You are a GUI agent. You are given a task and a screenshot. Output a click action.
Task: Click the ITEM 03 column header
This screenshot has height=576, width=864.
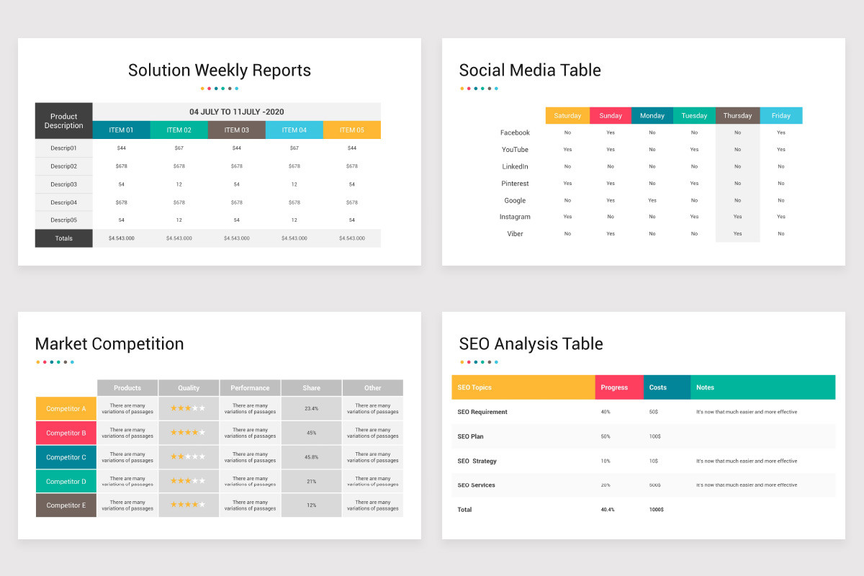236,130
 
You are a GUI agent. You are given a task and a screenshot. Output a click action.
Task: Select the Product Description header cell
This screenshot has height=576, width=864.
64,121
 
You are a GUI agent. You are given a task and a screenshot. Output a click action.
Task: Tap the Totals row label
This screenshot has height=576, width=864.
64,238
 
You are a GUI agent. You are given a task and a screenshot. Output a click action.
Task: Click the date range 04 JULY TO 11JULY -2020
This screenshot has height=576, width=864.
236,112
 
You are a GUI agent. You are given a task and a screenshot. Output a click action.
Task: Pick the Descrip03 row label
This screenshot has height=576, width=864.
64,184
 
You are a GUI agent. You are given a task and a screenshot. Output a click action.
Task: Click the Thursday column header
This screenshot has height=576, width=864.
737,116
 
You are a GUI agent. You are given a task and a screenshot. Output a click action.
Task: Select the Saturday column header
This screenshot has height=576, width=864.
567,116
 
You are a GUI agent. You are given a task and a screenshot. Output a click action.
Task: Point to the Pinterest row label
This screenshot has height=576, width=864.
515,184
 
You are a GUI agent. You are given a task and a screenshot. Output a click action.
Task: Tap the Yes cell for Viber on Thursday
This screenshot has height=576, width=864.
737,234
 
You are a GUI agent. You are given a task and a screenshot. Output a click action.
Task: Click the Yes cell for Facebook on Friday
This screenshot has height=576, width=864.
781,132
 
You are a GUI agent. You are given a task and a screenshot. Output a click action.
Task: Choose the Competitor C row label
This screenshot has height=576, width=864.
66,457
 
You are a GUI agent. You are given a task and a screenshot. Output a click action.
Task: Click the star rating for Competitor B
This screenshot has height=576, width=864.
188,433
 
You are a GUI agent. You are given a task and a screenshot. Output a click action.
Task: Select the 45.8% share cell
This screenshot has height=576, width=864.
311,457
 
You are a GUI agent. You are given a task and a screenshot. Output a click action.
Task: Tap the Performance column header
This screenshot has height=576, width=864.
250,388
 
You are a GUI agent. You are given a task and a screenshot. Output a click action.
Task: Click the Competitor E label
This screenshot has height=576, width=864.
66,505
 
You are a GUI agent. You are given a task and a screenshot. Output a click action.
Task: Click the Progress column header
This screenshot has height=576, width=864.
614,387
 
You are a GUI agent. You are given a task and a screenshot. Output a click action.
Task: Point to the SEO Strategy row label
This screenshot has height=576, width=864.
477,461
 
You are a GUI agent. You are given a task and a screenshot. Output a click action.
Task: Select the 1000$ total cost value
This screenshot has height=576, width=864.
656,510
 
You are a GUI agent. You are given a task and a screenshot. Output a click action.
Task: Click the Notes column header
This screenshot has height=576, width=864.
705,387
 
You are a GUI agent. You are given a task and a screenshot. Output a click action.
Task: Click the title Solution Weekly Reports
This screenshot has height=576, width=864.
220,71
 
